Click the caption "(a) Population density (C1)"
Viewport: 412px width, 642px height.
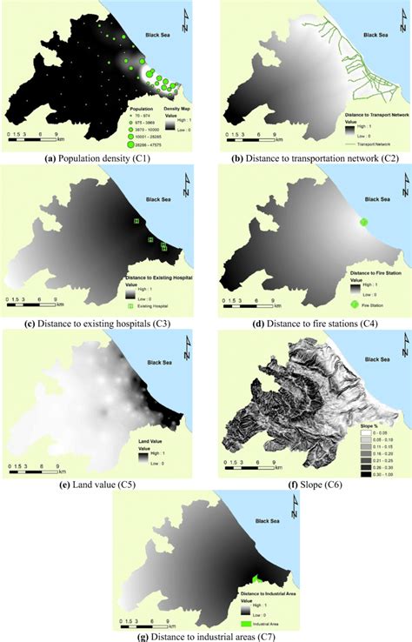[x=100, y=159]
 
